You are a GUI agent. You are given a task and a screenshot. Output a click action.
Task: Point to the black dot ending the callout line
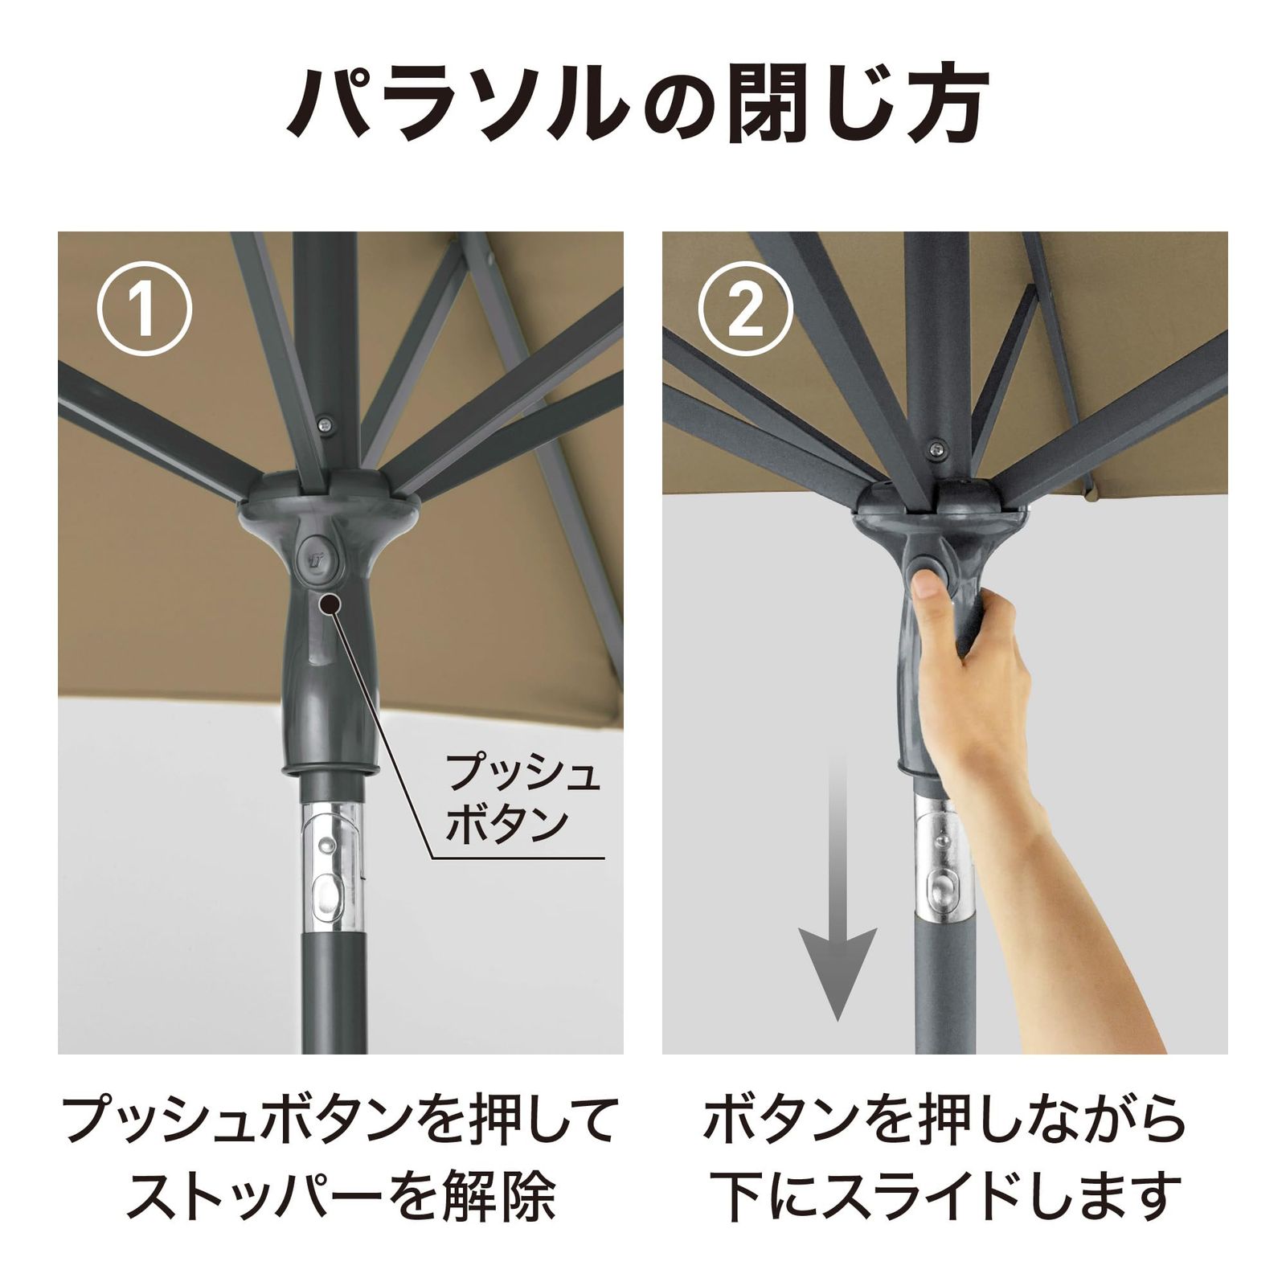pyautogui.click(x=327, y=603)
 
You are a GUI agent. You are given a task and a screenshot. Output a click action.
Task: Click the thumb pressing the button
pyautogui.click(x=931, y=584)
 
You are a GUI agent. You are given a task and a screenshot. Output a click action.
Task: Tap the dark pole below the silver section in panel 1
pyautogui.click(x=333, y=993)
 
